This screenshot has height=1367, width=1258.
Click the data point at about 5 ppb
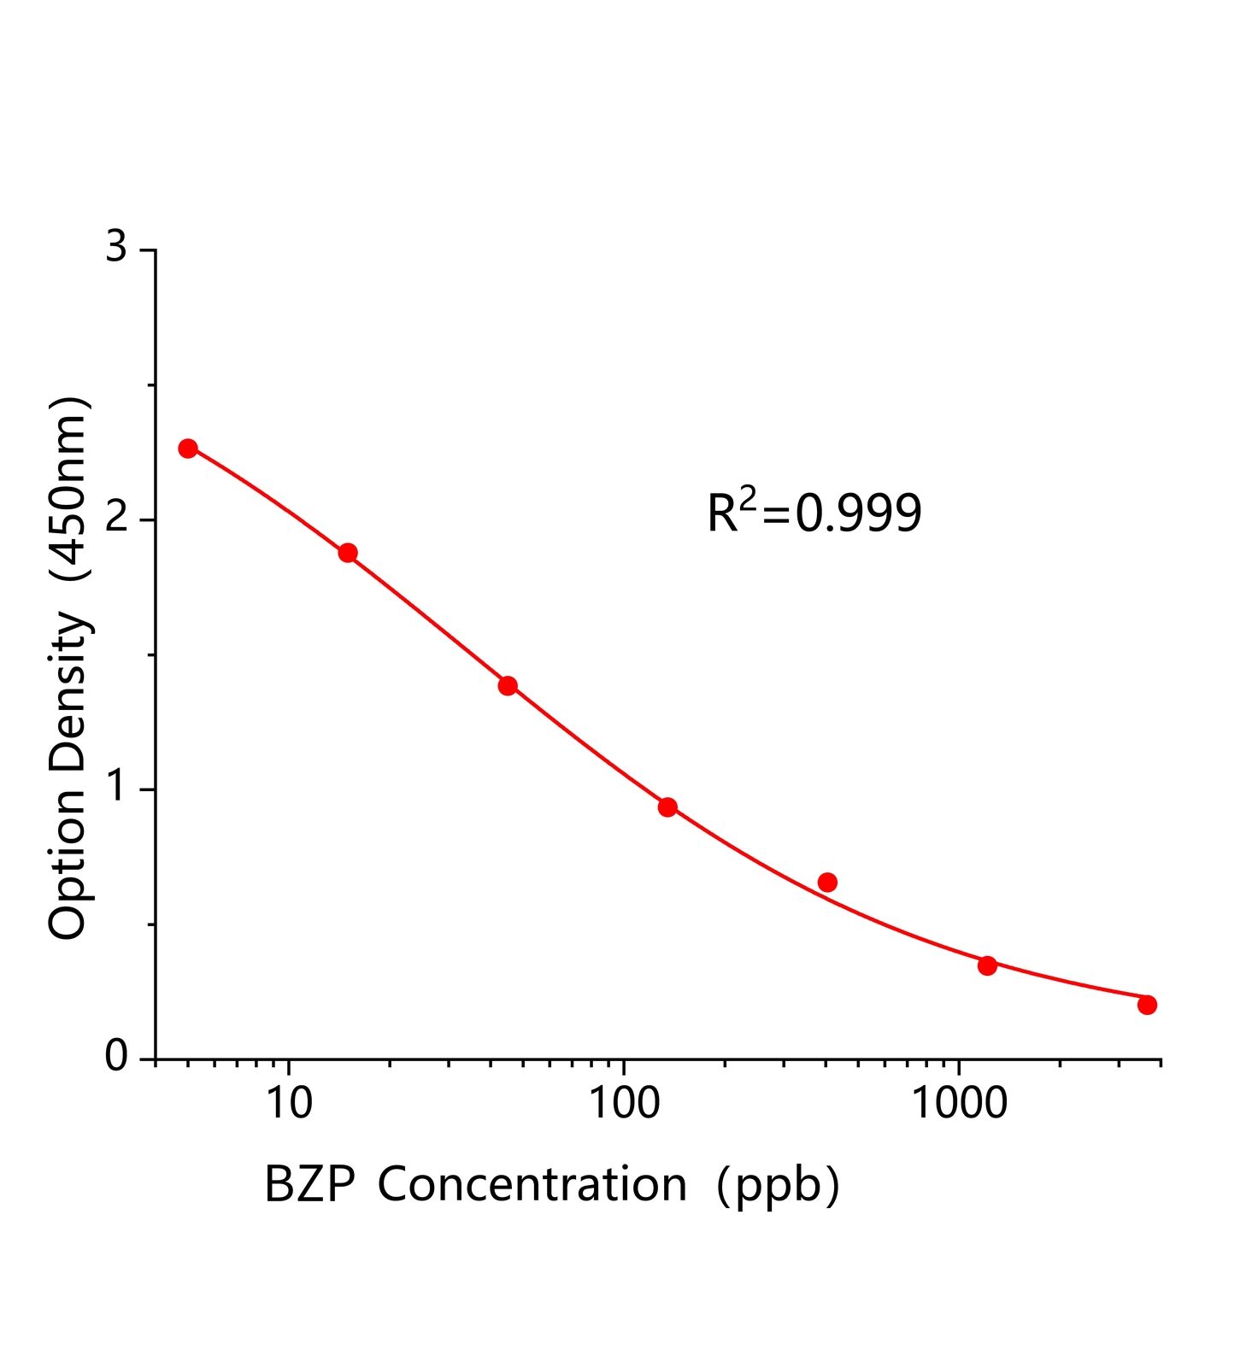click(188, 449)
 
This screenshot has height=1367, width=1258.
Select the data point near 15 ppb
click(348, 553)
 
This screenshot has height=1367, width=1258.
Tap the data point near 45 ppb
click(508, 685)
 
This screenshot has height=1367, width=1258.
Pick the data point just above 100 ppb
click(667, 807)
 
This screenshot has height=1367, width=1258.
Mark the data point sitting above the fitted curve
click(827, 882)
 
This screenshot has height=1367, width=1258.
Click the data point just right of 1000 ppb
click(987, 965)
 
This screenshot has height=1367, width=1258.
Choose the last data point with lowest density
click(1147, 1005)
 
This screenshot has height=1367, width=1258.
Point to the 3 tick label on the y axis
click(115, 249)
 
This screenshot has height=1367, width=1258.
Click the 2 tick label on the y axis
click(115, 519)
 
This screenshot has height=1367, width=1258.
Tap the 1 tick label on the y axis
click(115, 789)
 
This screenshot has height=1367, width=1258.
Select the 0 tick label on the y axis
click(115, 1058)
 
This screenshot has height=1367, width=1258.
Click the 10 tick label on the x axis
click(289, 1104)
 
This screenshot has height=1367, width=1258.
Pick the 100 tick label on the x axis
click(624, 1104)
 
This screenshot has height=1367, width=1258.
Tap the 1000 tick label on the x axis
click(959, 1104)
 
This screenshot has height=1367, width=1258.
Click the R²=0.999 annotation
click(814, 513)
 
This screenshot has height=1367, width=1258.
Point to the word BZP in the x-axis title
click(309, 1185)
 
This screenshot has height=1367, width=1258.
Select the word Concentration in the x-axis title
click(532, 1185)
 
